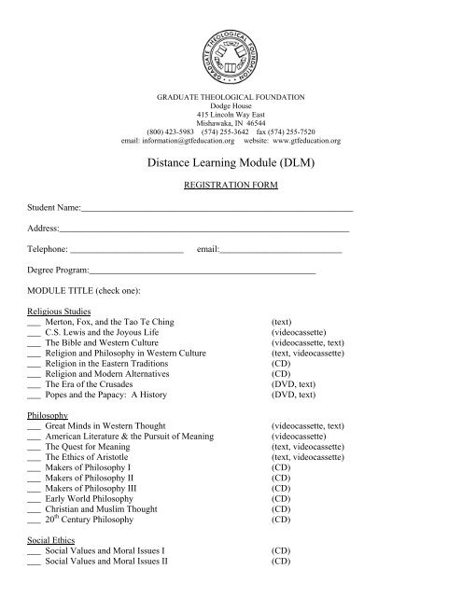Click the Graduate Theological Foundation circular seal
231,46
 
